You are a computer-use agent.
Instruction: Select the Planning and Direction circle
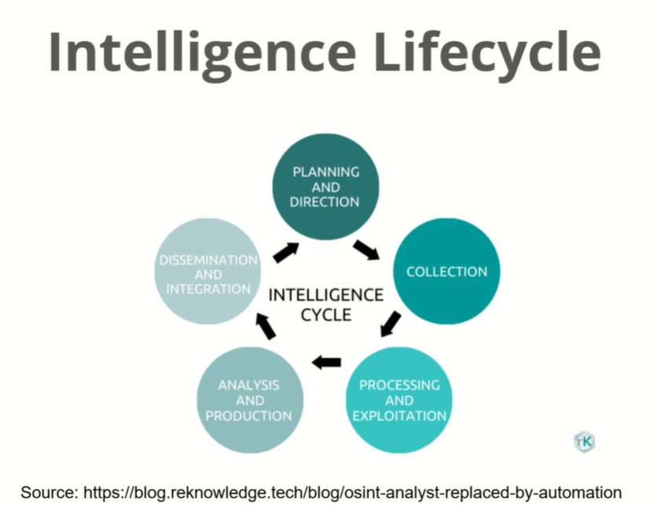point(325,186)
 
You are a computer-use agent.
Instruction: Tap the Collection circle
point(446,272)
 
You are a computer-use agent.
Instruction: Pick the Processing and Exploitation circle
point(399,399)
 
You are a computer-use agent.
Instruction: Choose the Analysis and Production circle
point(249,399)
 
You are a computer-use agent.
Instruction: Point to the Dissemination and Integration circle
point(207,274)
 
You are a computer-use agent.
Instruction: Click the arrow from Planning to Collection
point(366,250)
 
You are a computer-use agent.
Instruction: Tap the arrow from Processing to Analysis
point(326,362)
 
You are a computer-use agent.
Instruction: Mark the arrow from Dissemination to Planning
point(286,252)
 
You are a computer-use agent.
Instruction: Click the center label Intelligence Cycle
point(325,305)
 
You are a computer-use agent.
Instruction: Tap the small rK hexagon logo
point(583,440)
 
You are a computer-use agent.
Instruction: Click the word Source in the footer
point(48,493)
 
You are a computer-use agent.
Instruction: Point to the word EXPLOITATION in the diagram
point(399,415)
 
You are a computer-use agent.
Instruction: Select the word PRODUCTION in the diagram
point(248,415)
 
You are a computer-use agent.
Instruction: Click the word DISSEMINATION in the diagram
point(208,260)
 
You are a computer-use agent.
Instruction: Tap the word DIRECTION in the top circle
point(325,202)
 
